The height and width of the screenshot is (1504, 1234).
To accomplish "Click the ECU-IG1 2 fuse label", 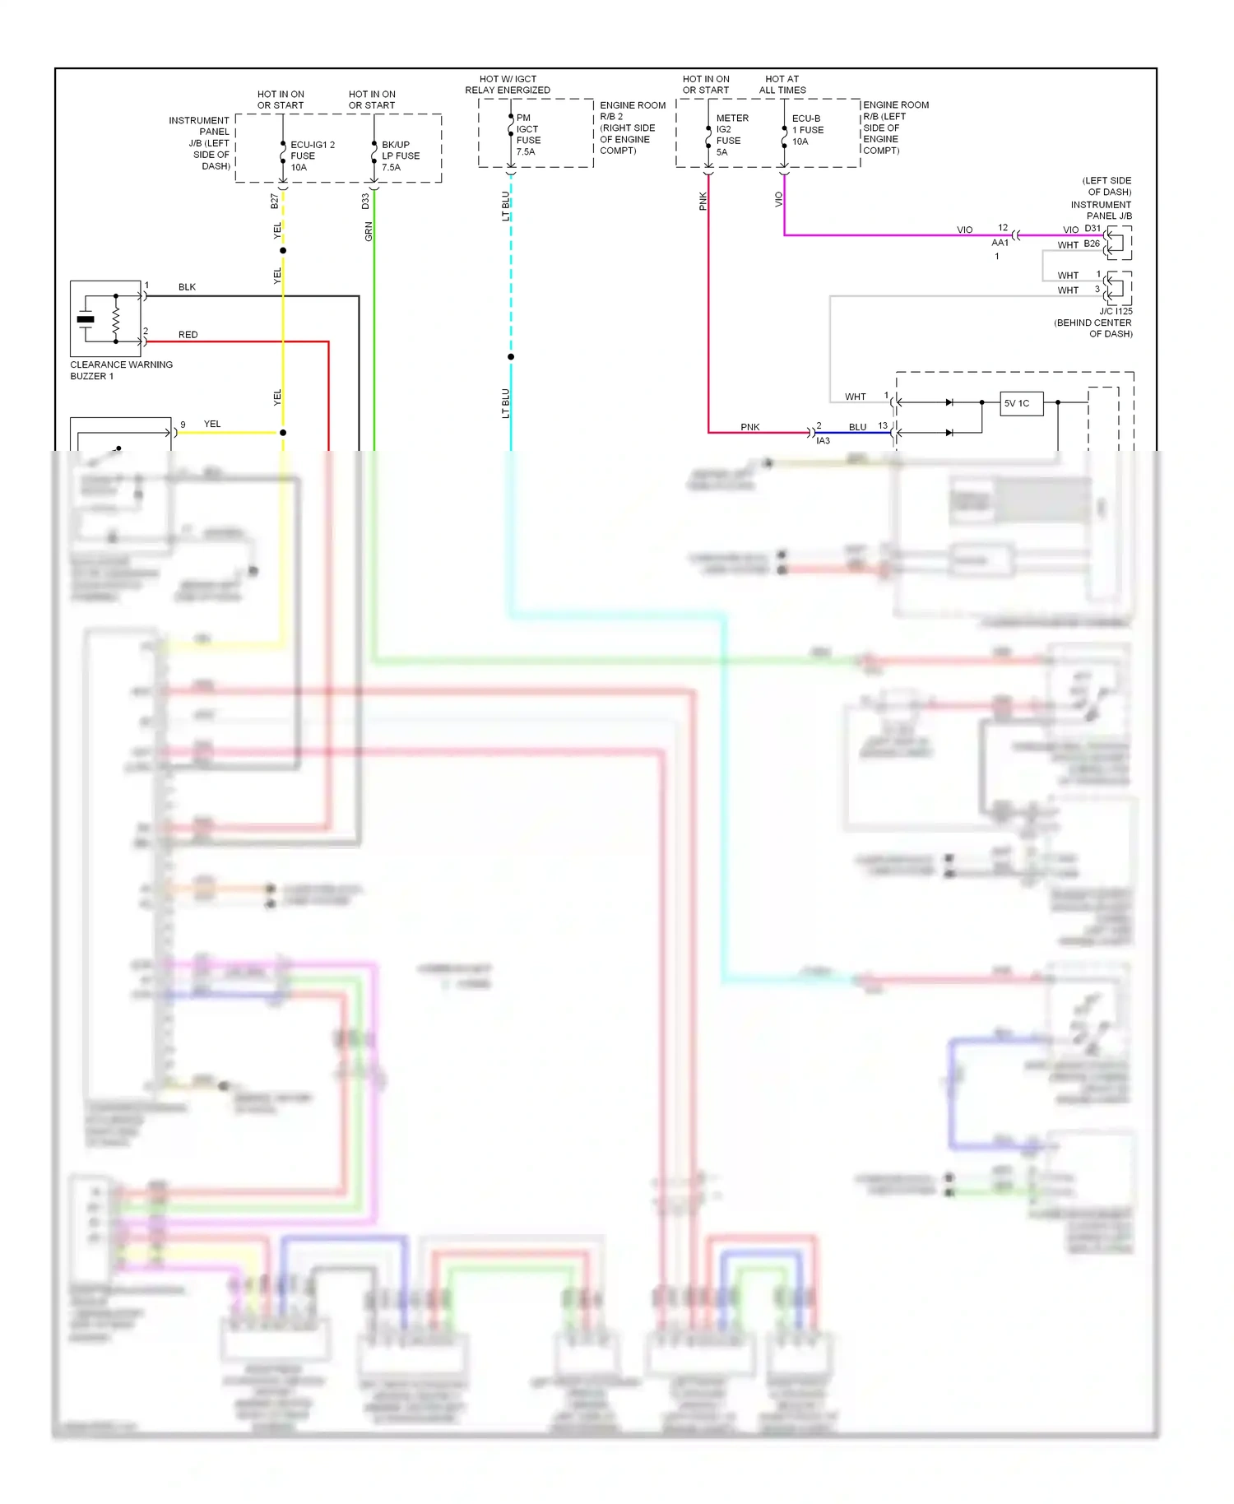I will click(x=312, y=156).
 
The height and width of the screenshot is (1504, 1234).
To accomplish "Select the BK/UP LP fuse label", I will click(x=400, y=156).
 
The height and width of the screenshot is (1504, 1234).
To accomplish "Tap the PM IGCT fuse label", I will click(x=528, y=135).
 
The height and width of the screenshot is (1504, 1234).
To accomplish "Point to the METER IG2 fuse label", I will click(x=731, y=135).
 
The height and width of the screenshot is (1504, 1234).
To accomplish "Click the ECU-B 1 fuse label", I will click(x=807, y=130).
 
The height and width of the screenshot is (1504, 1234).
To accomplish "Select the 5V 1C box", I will click(x=1021, y=403).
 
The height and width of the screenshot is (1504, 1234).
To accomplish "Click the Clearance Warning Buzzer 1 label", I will click(x=121, y=370).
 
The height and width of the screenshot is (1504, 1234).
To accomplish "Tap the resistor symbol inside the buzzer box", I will click(x=116, y=318).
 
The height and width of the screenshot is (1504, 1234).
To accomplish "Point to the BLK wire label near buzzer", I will click(x=187, y=287).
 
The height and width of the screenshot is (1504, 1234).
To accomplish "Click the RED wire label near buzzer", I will click(x=188, y=335).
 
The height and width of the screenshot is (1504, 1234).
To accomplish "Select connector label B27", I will click(x=275, y=201).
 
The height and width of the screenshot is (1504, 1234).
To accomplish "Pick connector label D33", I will click(x=365, y=201).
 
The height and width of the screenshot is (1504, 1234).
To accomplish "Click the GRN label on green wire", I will click(x=369, y=231).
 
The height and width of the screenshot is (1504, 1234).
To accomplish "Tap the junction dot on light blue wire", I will click(x=511, y=357).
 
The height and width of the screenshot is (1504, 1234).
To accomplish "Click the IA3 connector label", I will click(x=823, y=441).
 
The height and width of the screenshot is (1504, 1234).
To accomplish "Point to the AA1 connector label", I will click(x=1000, y=243).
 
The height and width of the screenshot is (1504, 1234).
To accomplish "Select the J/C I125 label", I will click(x=1116, y=311).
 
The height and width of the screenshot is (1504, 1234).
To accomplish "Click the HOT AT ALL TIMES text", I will click(x=782, y=85).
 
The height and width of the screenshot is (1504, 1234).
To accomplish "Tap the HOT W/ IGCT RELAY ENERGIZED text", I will click(x=508, y=85).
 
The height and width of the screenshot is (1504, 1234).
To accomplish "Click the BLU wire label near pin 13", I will click(x=857, y=427).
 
